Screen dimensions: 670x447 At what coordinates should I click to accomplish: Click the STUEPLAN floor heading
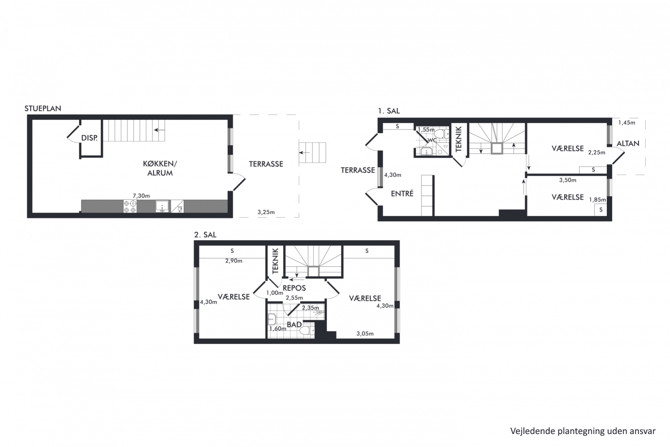pyautogui.click(x=43, y=108)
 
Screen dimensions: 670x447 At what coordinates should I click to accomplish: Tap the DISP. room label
pyautogui.click(x=89, y=138)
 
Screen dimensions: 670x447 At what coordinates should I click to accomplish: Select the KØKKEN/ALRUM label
pyautogui.click(x=160, y=168)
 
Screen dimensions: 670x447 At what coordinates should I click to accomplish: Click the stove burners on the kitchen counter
pyautogui.click(x=130, y=206)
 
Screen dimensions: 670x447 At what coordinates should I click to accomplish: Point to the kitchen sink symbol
pyautogui.click(x=162, y=206)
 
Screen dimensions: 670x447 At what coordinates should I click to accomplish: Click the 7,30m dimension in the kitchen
pyautogui.click(x=141, y=196)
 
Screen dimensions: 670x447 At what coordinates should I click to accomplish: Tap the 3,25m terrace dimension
pyautogui.click(x=266, y=212)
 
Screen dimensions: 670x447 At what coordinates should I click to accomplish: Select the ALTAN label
pyautogui.click(x=628, y=144)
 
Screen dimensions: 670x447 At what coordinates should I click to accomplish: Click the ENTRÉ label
pyautogui.click(x=402, y=194)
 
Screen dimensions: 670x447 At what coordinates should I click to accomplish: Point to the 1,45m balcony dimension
pyautogui.click(x=626, y=123)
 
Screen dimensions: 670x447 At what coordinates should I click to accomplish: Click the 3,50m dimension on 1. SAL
pyautogui.click(x=568, y=180)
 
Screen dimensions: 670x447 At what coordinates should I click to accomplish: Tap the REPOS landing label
pyautogui.click(x=294, y=288)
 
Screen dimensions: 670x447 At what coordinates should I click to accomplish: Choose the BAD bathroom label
pyautogui.click(x=294, y=324)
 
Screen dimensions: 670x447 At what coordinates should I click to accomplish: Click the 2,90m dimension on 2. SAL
pyautogui.click(x=234, y=261)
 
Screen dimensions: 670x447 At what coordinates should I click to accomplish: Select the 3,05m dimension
pyautogui.click(x=365, y=333)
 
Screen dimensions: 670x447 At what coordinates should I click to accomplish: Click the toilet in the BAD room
pyautogui.click(x=307, y=331)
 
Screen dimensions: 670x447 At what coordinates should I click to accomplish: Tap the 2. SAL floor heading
pyautogui.click(x=205, y=235)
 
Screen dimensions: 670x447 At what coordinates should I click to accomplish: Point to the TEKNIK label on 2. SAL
pyautogui.click(x=276, y=261)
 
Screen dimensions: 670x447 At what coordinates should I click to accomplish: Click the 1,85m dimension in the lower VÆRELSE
pyautogui.click(x=597, y=200)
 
